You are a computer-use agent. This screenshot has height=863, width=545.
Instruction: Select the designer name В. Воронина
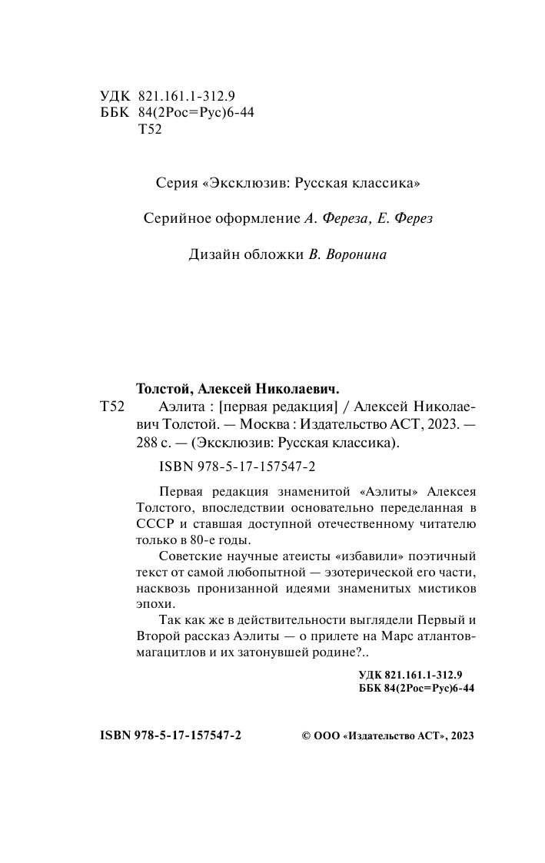[x=347, y=255]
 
